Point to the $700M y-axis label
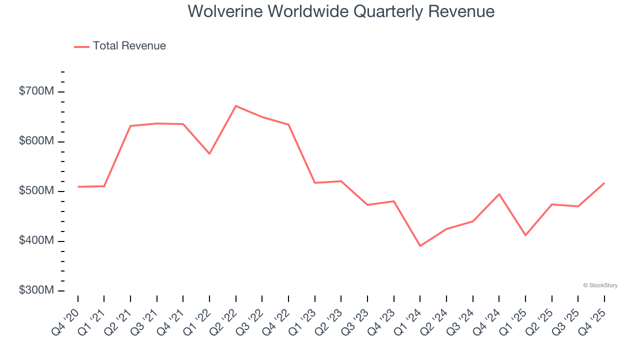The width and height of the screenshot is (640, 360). (36, 91)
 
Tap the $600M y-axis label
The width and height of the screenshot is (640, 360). (36, 141)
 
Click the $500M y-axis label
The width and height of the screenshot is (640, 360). (36, 191)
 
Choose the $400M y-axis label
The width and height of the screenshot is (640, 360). (36, 241)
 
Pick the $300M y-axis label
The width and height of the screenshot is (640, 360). (36, 290)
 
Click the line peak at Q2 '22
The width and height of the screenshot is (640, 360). (236, 106)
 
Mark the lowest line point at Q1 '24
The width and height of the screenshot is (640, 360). (420, 246)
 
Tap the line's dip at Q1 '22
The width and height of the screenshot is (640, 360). (209, 153)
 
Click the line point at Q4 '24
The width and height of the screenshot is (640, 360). (499, 194)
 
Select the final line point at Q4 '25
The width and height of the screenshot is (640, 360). (604, 183)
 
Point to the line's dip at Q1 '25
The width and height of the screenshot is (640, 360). (525, 235)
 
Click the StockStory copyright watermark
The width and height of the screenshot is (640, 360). (600, 285)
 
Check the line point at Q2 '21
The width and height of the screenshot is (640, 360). (130, 126)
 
